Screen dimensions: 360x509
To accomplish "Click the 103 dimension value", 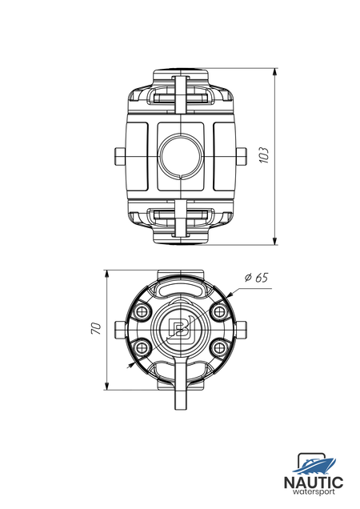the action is click(x=265, y=155).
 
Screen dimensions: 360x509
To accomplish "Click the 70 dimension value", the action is click(x=97, y=328).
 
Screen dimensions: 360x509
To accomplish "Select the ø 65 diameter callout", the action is click(x=257, y=278).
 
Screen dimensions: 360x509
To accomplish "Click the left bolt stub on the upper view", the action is click(x=120, y=157).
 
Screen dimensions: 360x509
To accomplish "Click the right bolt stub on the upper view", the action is click(x=241, y=157).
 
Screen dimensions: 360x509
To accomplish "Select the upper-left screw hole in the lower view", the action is click(x=141, y=312).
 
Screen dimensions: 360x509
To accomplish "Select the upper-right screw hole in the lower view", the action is click(x=219, y=312).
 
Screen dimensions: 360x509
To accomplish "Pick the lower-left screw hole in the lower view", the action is click(x=141, y=347).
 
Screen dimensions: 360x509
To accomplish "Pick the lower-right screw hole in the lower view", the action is click(x=219, y=347).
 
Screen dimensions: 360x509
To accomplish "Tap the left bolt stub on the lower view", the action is click(x=120, y=330).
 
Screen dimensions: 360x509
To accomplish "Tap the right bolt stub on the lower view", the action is click(x=241, y=330).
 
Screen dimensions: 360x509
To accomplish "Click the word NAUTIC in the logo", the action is click(x=314, y=483).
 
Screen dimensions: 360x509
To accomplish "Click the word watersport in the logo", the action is click(x=314, y=492).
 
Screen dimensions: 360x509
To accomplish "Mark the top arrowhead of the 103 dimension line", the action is click(x=275, y=72).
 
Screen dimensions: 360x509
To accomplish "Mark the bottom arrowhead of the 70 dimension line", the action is click(x=106, y=386).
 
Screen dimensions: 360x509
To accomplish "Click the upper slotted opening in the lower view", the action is click(x=181, y=289).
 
